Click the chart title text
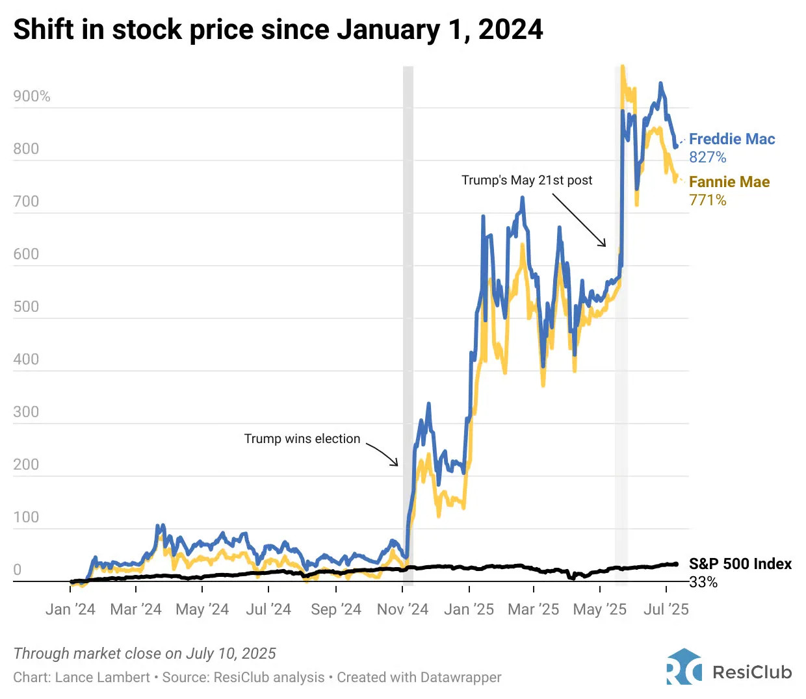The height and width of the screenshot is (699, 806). pyautogui.click(x=278, y=30)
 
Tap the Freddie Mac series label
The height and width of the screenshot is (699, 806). pyautogui.click(x=732, y=139)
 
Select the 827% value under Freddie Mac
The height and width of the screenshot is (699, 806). pyautogui.click(x=707, y=157)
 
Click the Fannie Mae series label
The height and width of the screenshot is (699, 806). pyautogui.click(x=729, y=182)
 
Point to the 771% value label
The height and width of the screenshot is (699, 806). pyautogui.click(x=707, y=200)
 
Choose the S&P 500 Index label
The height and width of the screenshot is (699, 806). pyautogui.click(x=740, y=564)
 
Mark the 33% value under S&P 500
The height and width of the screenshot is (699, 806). pyautogui.click(x=703, y=582)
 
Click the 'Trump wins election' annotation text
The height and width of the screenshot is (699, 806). pyautogui.click(x=302, y=439)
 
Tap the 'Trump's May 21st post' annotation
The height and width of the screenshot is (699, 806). pyautogui.click(x=526, y=180)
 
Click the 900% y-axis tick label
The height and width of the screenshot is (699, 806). pyautogui.click(x=32, y=97)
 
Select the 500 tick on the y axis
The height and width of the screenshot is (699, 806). pyautogui.click(x=26, y=307)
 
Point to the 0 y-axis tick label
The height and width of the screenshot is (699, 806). pyautogui.click(x=18, y=570)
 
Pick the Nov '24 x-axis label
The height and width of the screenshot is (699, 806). pyautogui.click(x=402, y=609)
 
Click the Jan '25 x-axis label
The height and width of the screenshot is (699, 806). pyautogui.click(x=469, y=609)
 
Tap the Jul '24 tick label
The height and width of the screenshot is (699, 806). pyautogui.click(x=268, y=609)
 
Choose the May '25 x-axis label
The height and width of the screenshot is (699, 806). pyautogui.click(x=599, y=609)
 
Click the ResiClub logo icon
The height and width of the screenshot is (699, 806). pyautogui.click(x=684, y=667)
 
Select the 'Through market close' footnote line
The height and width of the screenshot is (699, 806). pyautogui.click(x=144, y=654)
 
